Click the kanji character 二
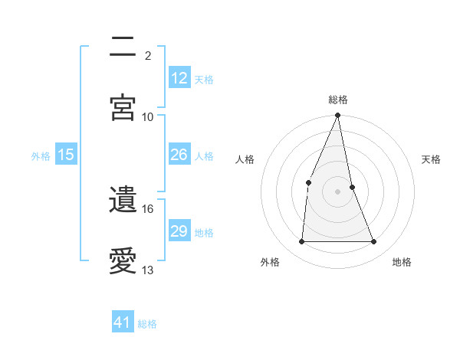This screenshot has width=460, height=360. point(123,47)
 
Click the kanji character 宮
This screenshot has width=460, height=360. point(123,107)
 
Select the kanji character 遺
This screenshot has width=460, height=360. point(123,201)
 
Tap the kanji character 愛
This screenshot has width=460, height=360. point(123,261)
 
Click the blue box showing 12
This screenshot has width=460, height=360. point(179,78)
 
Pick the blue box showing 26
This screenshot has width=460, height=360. point(179,155)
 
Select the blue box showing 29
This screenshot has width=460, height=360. point(179,231)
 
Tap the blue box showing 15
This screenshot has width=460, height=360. point(66,155)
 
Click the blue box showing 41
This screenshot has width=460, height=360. point(123,322)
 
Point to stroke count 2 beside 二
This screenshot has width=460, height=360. point(148,55)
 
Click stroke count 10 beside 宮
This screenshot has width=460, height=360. point(148,116)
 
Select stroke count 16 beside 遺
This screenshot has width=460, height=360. point(148,208)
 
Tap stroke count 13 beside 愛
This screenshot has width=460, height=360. point(148,270)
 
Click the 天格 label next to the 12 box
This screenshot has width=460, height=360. point(204,79)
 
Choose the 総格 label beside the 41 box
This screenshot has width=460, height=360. point(147,323)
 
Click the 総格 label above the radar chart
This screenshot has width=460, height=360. point(338,100)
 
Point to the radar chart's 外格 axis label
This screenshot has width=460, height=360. point(270,262)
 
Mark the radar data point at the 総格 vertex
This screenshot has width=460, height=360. point(338,116)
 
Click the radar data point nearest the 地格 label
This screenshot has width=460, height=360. point(374,241)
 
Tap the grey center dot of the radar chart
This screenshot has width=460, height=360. point(338,191)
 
